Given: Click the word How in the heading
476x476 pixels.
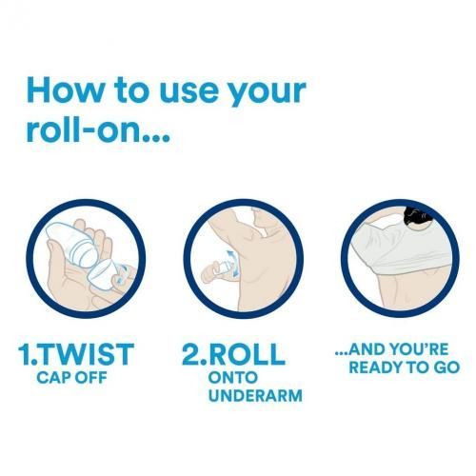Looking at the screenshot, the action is (x=64, y=89).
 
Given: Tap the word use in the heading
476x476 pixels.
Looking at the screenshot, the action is (x=189, y=93).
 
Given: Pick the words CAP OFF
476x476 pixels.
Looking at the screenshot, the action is (x=71, y=378).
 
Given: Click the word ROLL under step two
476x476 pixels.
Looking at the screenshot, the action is (x=247, y=354).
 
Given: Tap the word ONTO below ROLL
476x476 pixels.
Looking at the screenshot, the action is (x=232, y=378).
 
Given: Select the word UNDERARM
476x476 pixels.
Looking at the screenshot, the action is (x=255, y=396).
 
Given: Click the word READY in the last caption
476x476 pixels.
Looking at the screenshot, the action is (x=374, y=367).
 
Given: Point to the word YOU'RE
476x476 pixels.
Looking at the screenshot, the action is (x=420, y=349).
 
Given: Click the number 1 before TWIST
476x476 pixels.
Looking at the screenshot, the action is (x=25, y=354).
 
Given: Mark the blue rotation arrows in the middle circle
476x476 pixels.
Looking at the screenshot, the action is (x=231, y=263).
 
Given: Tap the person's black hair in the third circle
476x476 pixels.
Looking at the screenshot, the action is (x=418, y=216).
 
